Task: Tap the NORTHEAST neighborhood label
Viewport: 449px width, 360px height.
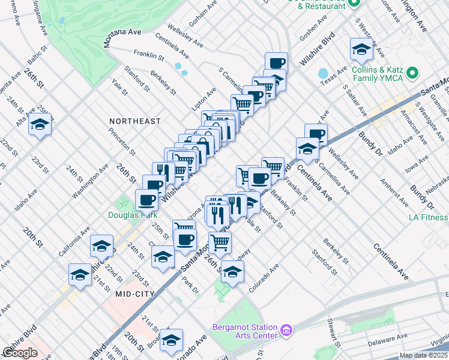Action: [x=135, y=121]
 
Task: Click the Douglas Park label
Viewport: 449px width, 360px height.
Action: [x=133, y=215]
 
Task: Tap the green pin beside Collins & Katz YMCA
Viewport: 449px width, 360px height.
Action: [x=412, y=74]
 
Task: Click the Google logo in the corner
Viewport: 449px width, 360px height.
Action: [x=20, y=352]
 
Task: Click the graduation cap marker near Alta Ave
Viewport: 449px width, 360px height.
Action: [x=40, y=124]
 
